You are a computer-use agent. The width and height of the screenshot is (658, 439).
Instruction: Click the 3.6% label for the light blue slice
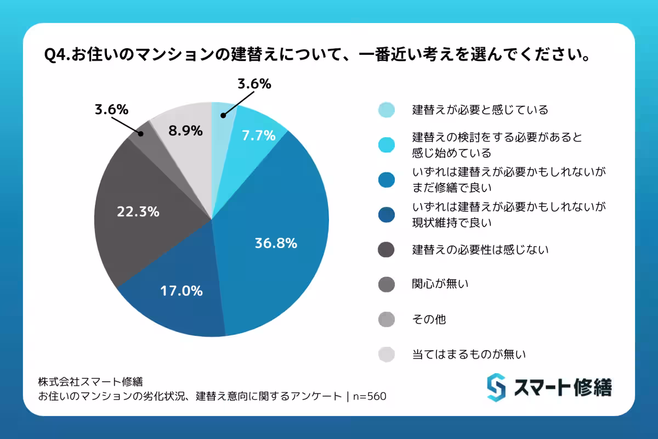click(254, 84)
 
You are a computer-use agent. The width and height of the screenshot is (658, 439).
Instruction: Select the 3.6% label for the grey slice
click(111, 109)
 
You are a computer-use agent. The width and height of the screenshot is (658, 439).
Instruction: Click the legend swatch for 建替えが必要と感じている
click(387, 110)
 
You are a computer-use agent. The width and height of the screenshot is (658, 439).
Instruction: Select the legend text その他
click(429, 319)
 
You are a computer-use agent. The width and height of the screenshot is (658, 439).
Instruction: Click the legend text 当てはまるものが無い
click(469, 354)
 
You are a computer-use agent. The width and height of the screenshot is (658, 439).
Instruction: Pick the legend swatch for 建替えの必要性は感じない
click(387, 250)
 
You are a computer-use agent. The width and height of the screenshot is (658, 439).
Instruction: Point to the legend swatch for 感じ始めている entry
click(387, 144)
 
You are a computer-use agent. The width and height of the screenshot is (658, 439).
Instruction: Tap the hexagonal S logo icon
click(496, 387)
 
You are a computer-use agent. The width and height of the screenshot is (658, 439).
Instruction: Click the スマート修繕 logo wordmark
click(563, 387)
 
